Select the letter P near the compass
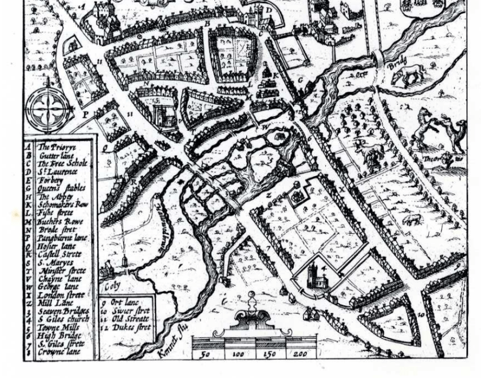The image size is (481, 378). (85, 114)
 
